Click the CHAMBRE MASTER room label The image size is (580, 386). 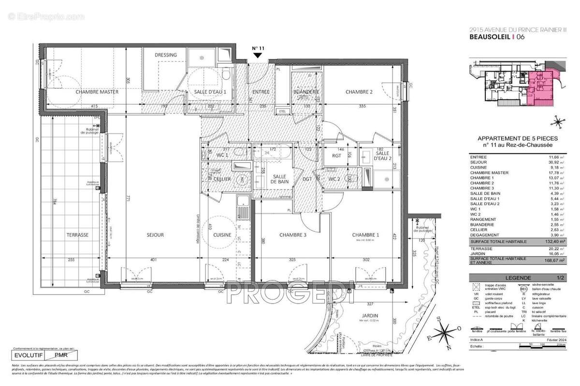coord(97,92)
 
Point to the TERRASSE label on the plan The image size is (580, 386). coord(77,235)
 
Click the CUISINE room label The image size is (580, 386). coord(222,235)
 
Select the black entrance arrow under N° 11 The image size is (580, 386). coord(258,56)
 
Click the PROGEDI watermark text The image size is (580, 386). coord(289,293)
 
